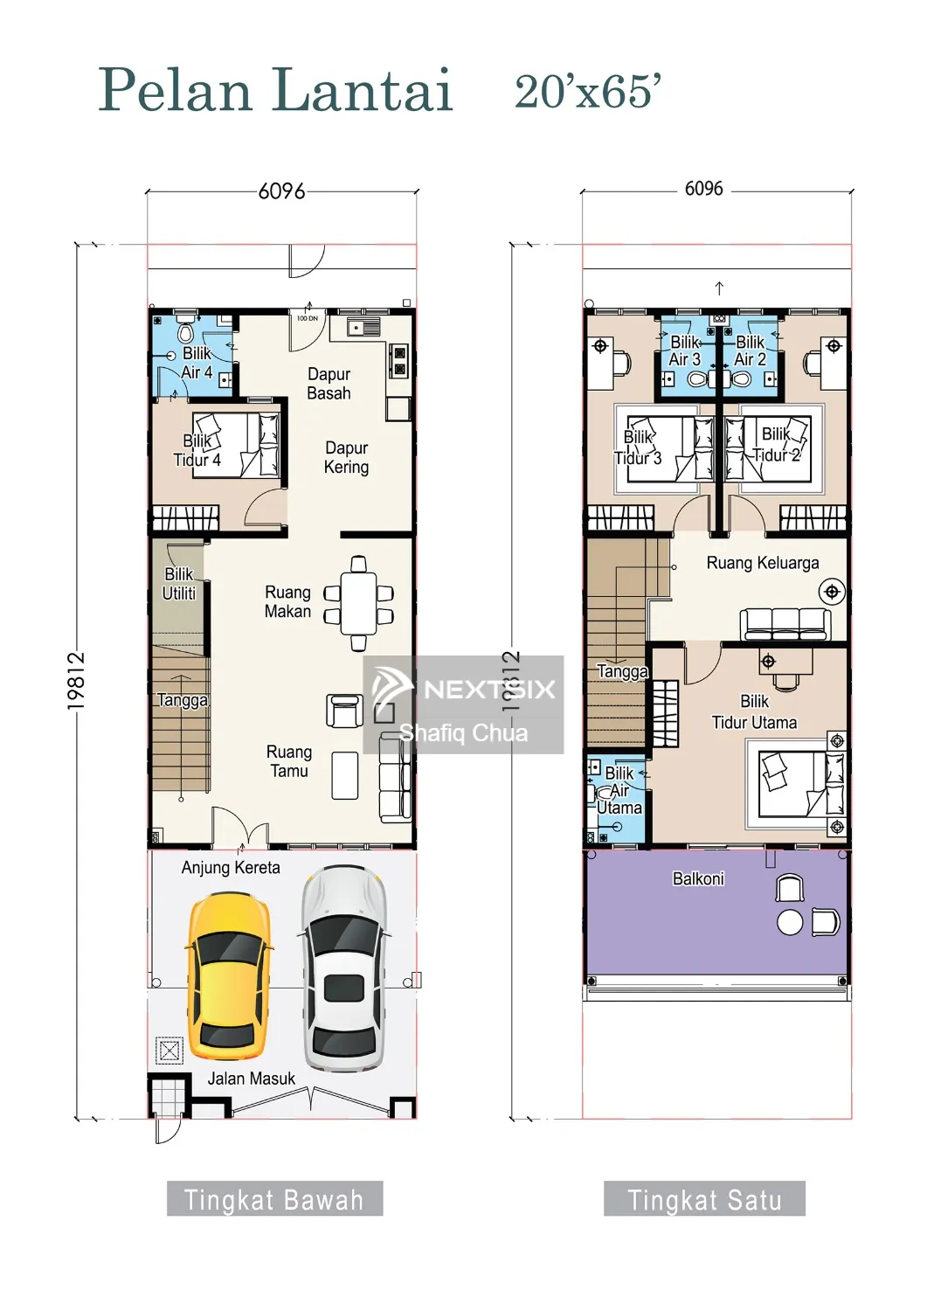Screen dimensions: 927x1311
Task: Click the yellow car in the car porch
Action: pyautogui.click(x=228, y=975)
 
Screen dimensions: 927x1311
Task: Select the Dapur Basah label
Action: pyautogui.click(x=329, y=384)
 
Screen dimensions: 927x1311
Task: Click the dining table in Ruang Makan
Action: pyautogui.click(x=359, y=603)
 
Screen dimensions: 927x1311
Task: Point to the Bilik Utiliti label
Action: pyautogui.click(x=179, y=584)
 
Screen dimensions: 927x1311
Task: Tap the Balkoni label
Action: pyautogui.click(x=698, y=878)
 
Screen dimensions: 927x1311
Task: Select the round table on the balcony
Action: pyautogui.click(x=790, y=923)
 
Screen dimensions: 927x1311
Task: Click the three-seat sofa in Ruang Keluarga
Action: pyautogui.click(x=785, y=625)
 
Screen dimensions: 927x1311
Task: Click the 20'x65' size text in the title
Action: pyautogui.click(x=588, y=92)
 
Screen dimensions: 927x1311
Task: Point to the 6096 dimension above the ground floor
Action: pyautogui.click(x=281, y=191)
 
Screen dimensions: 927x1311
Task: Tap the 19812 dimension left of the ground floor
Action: pyautogui.click(x=76, y=681)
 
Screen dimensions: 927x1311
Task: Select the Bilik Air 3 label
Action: pyautogui.click(x=685, y=350)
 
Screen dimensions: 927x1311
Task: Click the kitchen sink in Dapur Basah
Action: pyautogui.click(x=363, y=327)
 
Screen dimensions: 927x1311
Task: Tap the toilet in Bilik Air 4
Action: pyautogui.click(x=185, y=330)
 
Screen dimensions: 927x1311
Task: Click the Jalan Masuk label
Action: pyautogui.click(x=252, y=1078)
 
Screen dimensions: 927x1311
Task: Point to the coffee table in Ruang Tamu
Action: pyautogui.click(x=345, y=775)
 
